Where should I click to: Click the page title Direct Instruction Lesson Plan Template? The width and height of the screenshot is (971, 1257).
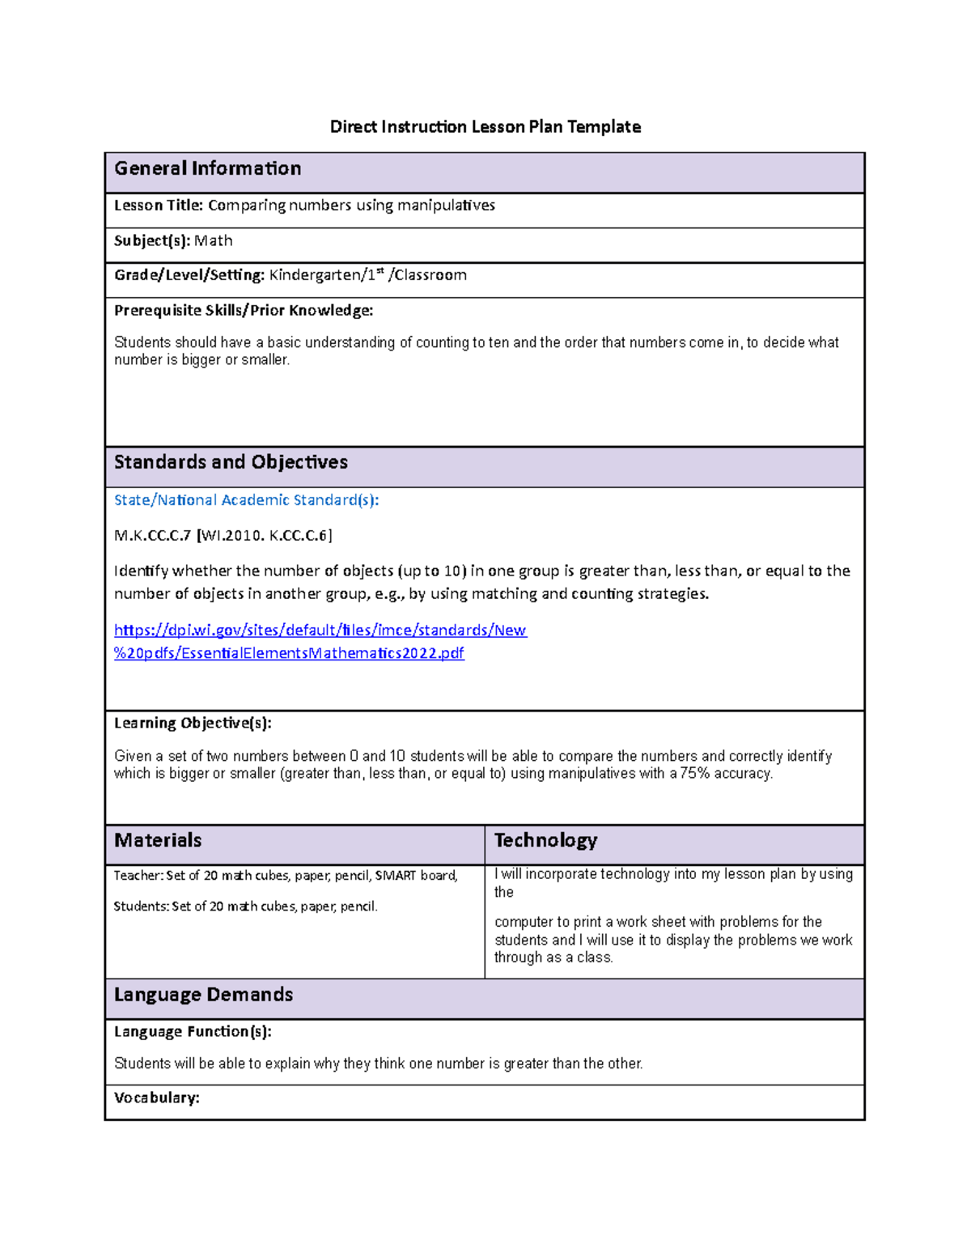(x=485, y=126)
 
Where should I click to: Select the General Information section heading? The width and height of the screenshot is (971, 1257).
(x=207, y=168)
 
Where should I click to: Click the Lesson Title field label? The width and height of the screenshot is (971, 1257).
(x=159, y=206)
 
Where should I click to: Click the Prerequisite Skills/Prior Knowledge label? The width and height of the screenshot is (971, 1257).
(x=243, y=310)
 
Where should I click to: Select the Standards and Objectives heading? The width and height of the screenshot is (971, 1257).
(x=231, y=462)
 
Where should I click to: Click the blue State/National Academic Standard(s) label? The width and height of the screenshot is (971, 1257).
(x=246, y=500)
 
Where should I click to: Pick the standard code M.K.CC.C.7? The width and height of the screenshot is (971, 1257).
(x=152, y=535)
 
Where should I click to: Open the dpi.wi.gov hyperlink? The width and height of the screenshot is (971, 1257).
(x=320, y=631)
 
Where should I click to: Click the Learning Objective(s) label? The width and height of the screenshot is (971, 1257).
(x=193, y=723)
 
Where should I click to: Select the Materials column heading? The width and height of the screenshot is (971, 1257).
(x=158, y=840)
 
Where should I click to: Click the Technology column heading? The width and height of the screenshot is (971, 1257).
(x=545, y=840)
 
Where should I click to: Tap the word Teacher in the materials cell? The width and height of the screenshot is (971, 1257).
(x=138, y=876)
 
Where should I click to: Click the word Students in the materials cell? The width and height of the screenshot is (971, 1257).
(x=141, y=907)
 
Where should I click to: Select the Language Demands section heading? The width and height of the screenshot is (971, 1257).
(x=203, y=995)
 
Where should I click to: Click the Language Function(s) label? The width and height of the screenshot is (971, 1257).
(x=193, y=1032)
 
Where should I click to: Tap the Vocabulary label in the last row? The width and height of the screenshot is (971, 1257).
(x=156, y=1098)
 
